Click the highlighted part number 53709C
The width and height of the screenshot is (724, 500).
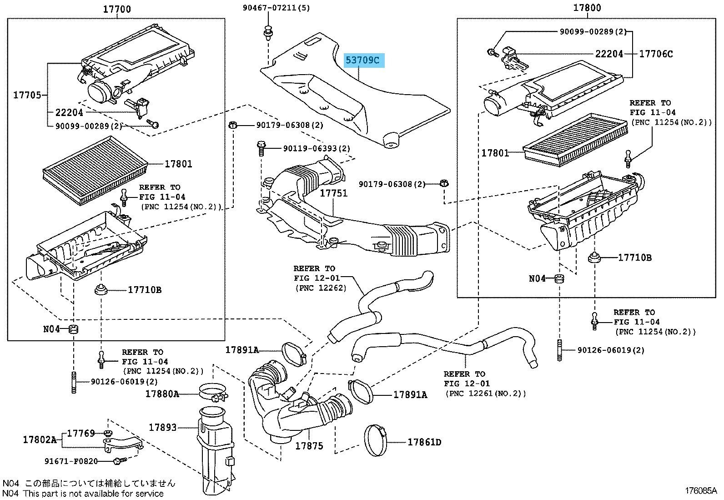click(x=364, y=60)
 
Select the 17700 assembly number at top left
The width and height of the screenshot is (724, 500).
click(x=116, y=9)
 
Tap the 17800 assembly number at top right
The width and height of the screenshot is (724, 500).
click(x=587, y=8)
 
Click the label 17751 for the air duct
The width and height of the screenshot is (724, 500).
click(x=333, y=193)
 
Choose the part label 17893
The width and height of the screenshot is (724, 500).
click(x=163, y=427)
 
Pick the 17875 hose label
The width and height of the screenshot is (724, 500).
click(x=309, y=446)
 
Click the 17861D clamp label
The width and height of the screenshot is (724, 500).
click(x=424, y=442)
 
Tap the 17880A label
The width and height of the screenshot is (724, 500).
click(x=162, y=394)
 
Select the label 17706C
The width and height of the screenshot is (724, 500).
click(x=656, y=54)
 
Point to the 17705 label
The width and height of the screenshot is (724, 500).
click(x=27, y=95)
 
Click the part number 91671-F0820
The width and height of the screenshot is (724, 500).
click(x=70, y=461)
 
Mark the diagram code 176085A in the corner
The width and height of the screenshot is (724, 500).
click(x=701, y=491)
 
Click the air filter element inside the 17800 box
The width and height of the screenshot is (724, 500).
click(x=575, y=138)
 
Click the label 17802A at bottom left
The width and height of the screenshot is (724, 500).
click(x=40, y=439)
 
